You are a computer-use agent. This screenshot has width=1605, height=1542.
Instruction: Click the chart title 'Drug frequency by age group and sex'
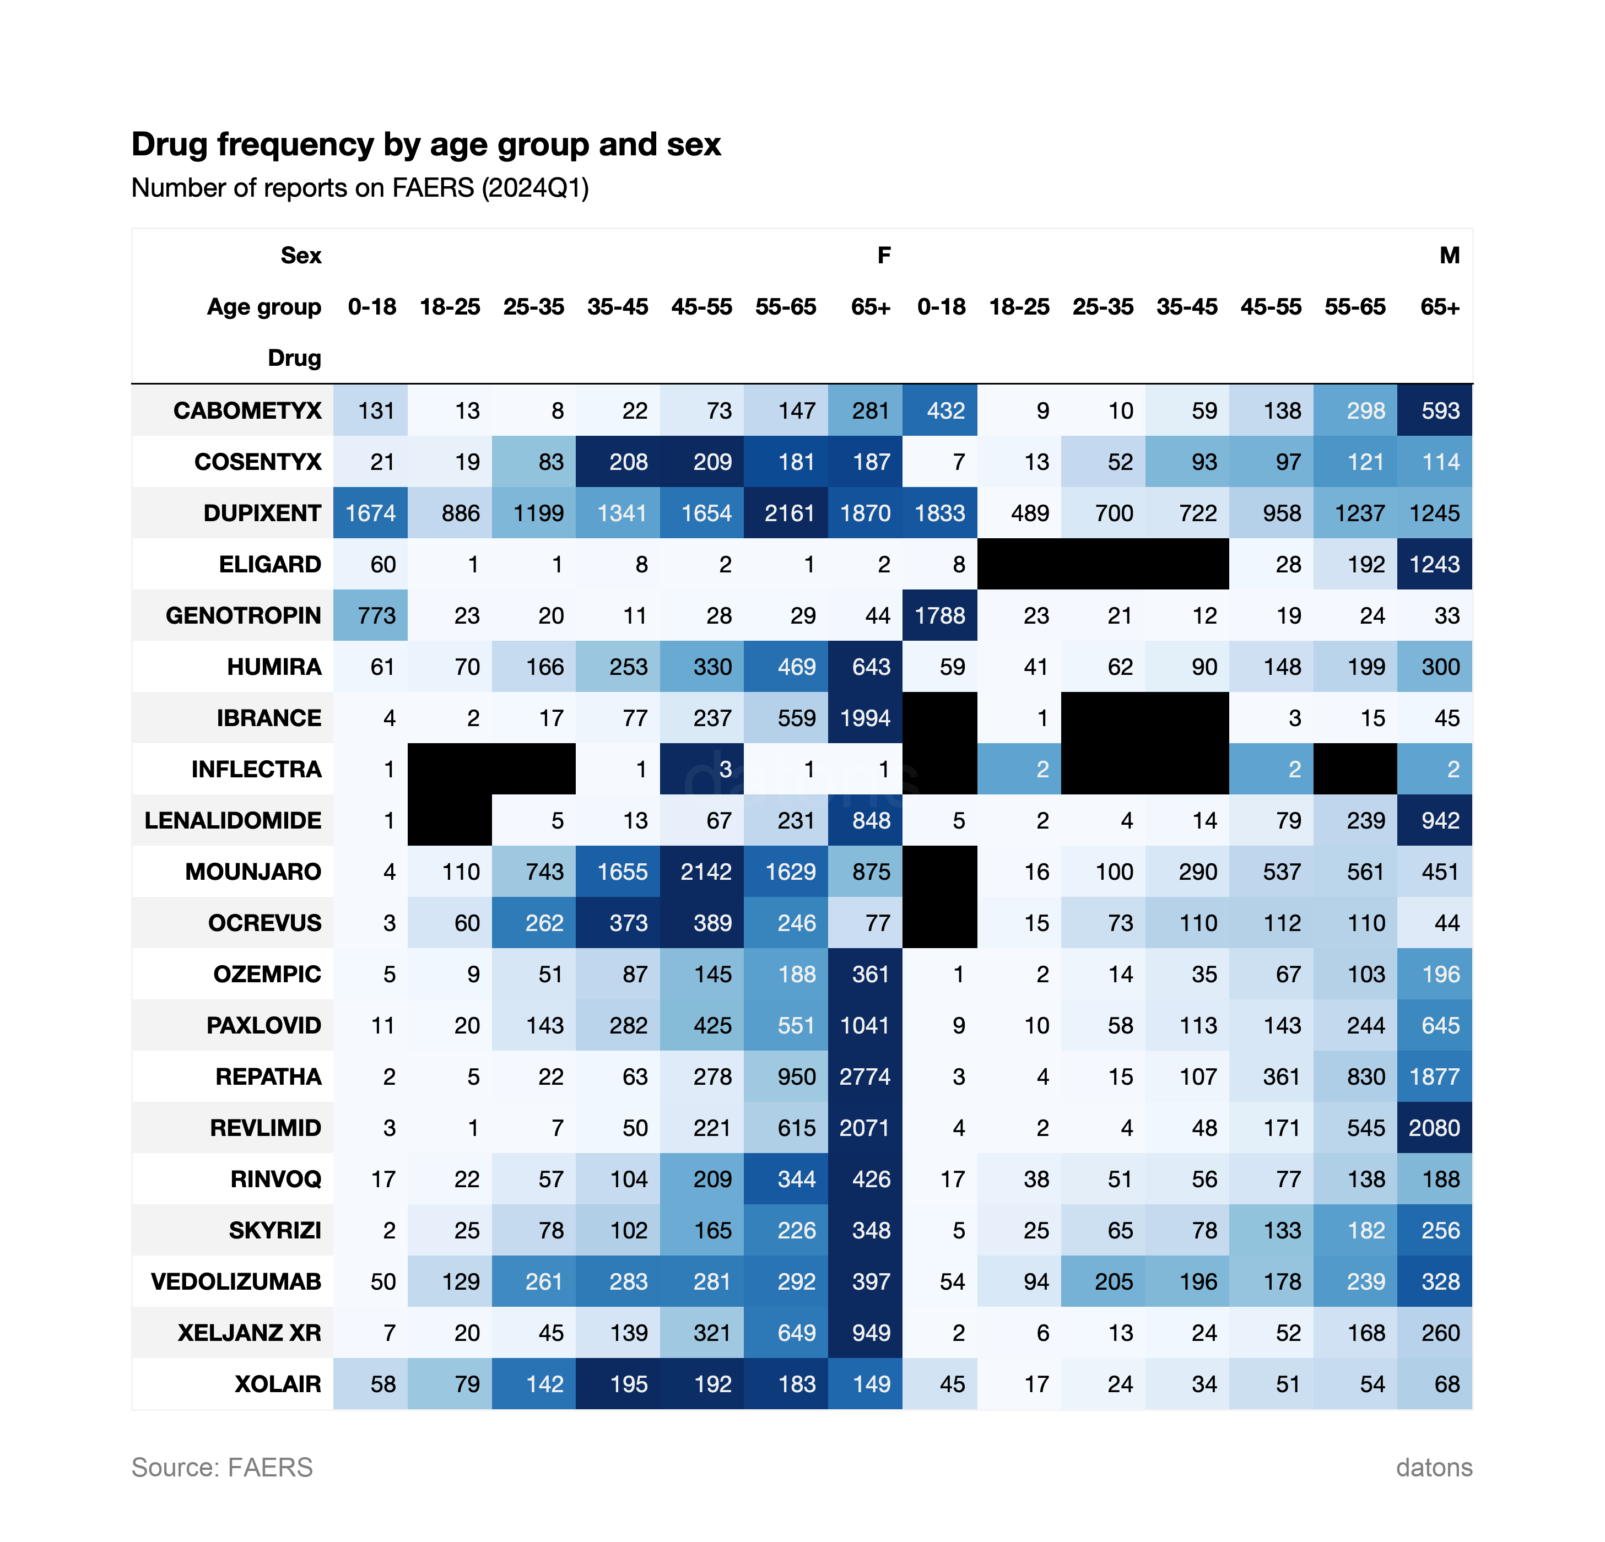pos(426,144)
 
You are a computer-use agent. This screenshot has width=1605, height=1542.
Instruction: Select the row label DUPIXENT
pos(262,513)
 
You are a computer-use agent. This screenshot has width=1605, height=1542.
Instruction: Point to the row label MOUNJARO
pos(253,872)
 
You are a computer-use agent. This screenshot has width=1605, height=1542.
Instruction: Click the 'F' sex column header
pos(884,256)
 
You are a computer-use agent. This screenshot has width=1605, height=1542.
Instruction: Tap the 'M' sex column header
pos(1450,256)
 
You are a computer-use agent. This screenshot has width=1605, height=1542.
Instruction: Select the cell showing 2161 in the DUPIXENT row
pos(788,513)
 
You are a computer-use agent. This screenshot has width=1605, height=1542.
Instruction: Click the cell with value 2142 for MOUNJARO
pos(705,872)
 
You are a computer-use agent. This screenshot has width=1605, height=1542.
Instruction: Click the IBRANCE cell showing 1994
pos(864,718)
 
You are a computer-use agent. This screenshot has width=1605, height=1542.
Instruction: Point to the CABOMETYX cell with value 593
pos(1440,410)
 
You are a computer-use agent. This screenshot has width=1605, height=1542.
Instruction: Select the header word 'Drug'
pos(294,358)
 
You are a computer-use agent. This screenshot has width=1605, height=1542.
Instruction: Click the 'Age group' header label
pos(264,307)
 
